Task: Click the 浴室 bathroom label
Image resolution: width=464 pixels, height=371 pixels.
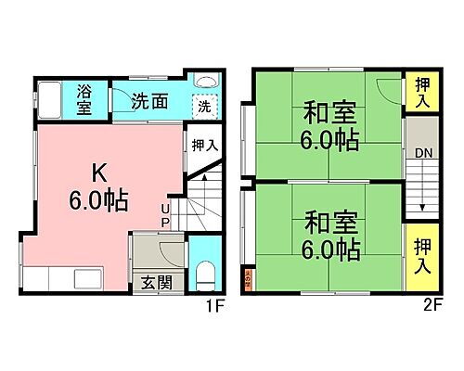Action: point(84,100)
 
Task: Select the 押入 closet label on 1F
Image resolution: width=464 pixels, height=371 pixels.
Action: point(205,146)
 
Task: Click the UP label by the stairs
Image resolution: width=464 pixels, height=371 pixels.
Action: point(165,215)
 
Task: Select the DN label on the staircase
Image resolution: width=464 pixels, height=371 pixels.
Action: point(423,153)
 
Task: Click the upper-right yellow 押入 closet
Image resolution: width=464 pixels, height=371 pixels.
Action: point(422,93)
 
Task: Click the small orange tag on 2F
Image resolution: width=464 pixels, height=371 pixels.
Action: point(247,276)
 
